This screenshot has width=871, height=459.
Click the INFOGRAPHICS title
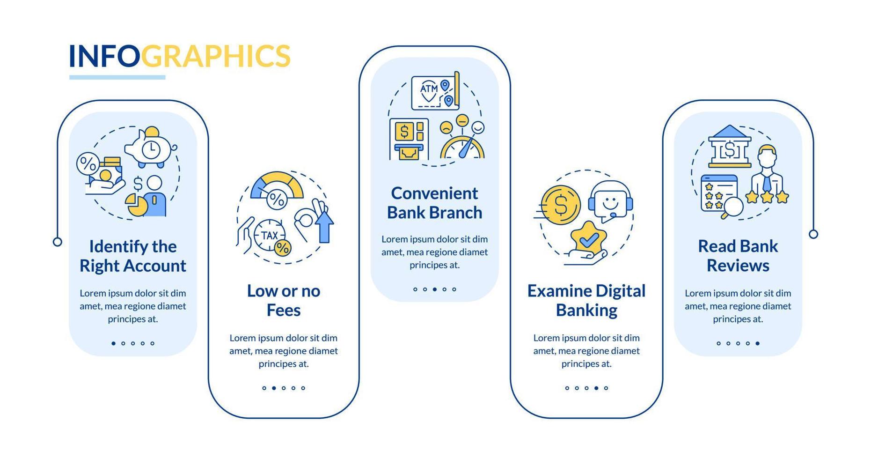[180, 56]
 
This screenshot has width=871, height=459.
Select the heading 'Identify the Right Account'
[133, 256]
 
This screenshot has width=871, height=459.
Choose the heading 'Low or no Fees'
[284, 300]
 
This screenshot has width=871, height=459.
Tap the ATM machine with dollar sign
[409, 139]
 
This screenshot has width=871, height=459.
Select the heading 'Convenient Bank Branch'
[434, 202]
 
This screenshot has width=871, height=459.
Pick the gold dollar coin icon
[560, 205]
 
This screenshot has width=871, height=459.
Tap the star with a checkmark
[588, 239]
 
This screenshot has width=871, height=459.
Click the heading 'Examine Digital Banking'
[586, 300]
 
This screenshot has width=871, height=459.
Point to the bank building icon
[729, 146]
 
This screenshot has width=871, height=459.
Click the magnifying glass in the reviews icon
[732, 207]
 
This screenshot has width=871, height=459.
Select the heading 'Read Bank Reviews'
[738, 256]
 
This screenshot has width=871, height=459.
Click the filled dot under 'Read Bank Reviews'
[757, 343]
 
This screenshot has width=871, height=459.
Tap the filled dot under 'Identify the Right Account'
[113, 343]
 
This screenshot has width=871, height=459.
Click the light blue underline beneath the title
[117, 77]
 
